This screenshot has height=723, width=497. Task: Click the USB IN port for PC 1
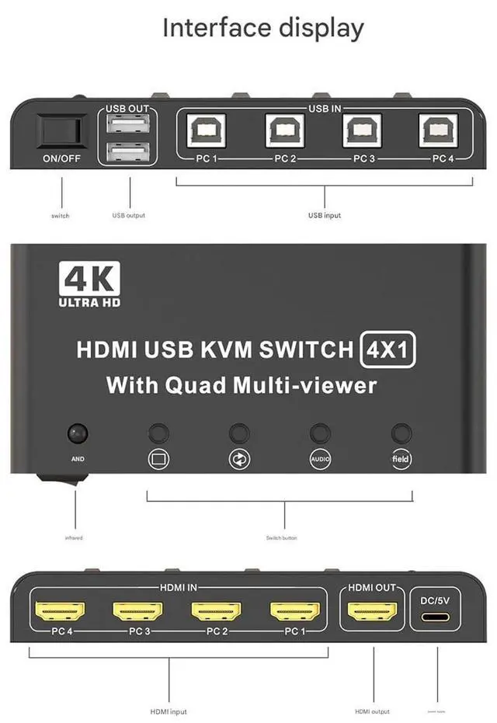point(205,130)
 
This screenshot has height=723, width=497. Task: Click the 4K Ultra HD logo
point(89,283)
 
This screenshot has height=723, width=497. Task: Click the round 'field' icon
point(401,458)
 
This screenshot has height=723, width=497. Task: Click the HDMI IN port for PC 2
point(216,610)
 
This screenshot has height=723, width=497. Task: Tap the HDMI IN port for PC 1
point(295,610)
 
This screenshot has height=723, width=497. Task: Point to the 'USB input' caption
point(324,215)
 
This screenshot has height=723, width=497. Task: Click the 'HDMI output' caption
point(372,711)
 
